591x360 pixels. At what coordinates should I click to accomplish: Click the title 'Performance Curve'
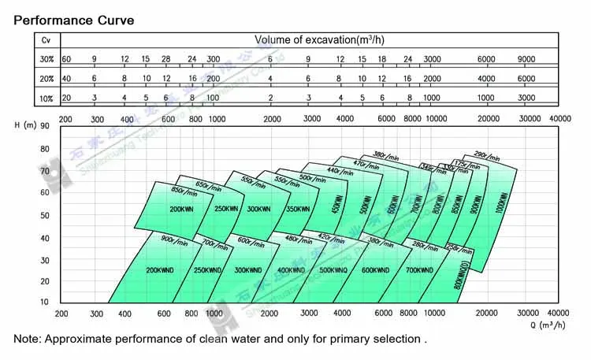74,18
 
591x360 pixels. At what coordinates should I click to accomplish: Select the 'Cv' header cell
46,39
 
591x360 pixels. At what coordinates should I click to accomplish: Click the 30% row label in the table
46,59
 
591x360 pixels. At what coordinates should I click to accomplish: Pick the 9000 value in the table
526,59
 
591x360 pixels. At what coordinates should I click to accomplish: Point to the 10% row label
46,98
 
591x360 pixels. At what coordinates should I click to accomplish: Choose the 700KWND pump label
420,270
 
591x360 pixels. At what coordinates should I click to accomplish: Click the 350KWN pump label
297,210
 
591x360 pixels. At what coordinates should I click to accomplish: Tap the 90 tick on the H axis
44,126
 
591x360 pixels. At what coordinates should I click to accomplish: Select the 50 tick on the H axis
44,215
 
